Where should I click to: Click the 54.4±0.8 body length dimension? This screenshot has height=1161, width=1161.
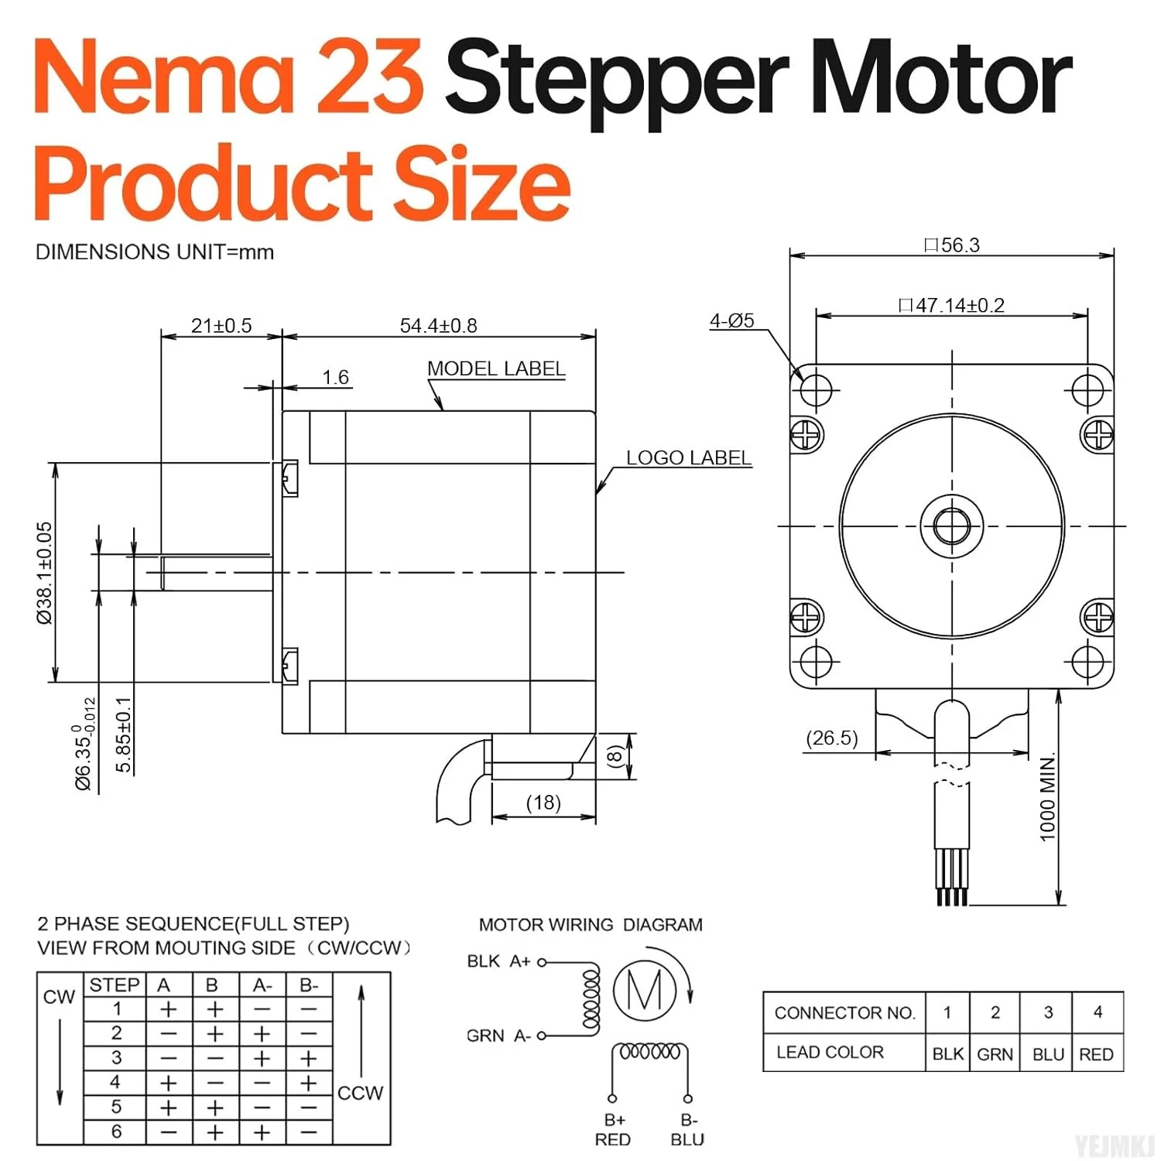[438, 326]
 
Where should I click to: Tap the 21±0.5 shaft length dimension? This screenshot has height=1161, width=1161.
[221, 326]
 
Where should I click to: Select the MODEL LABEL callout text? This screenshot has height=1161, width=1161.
[496, 368]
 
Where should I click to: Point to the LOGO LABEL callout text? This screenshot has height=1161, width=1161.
[689, 457]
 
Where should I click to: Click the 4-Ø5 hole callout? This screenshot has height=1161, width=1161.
[732, 320]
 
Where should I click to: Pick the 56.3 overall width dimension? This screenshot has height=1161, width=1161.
[952, 245]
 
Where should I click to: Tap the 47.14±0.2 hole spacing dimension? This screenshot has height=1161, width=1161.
[952, 305]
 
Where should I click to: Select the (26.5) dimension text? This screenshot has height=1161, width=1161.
[832, 738]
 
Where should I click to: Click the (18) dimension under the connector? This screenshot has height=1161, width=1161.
[543, 803]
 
